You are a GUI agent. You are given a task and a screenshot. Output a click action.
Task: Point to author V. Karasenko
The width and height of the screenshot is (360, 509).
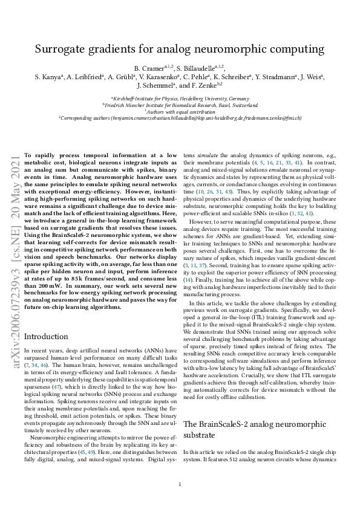click(x=165, y=77)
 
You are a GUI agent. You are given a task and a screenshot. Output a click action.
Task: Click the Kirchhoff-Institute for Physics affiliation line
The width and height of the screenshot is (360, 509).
click(x=180, y=98)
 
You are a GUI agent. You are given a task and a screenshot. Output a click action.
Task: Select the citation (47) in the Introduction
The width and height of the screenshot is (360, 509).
click(x=64, y=382)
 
